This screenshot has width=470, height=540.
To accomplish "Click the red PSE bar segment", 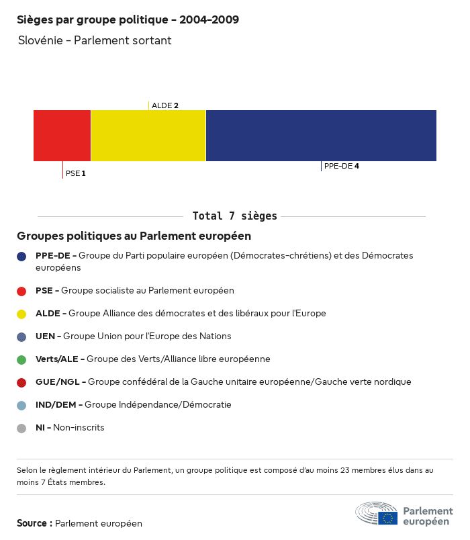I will coord(62,136).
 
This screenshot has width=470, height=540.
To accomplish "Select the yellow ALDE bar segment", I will coord(148,136).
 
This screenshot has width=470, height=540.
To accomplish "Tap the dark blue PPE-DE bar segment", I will coord(321,136).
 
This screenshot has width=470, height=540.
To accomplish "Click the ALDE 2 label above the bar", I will coord(165,105).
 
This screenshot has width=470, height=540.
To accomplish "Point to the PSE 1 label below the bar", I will coord(76,173).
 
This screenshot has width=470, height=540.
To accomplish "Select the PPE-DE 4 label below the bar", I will coord(341,166).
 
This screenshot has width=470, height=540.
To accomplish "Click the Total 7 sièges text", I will coord(234,216).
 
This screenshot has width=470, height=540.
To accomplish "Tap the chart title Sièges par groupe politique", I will coord(128,20).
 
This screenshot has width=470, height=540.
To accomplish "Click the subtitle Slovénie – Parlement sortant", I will coord(95,40).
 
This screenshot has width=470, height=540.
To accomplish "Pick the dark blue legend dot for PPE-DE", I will coord(21,256).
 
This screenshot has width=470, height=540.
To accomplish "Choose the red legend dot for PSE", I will coord(21,291).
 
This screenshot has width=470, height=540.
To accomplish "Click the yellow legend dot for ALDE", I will coord(21,314).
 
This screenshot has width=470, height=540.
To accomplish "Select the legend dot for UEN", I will coord(21,336).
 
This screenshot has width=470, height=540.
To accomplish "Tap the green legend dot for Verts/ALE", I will coord(21,359).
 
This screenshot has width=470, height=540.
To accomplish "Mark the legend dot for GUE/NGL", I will coord(21,382).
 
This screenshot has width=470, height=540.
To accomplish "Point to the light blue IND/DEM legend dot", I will coord(21,405).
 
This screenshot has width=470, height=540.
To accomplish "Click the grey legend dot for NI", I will coord(21,428).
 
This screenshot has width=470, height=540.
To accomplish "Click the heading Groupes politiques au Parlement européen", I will coord(134,236).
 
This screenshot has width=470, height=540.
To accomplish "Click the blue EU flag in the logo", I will coord(387,518).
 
